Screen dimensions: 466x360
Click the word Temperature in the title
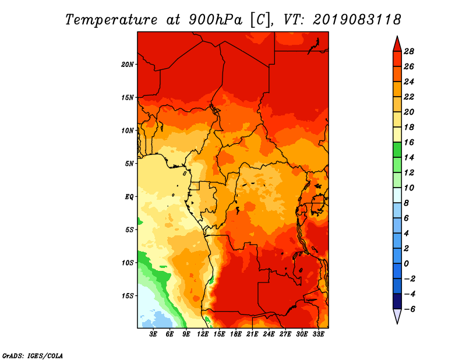pos(111,20)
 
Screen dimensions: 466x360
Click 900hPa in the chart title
pos(216,20)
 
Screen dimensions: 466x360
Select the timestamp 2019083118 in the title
pos(356,20)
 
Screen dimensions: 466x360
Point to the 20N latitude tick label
pos(128,65)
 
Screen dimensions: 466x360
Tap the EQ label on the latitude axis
pos(129,197)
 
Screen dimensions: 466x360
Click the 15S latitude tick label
pos(128,296)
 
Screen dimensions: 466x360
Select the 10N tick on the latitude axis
pos(128,130)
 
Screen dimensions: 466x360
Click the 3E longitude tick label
pos(153,334)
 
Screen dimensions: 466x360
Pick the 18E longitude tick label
pos(236,334)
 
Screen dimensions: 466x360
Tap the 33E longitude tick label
pos(318,334)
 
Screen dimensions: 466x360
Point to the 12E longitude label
pos(203,334)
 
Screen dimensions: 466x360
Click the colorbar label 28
pos(409,51)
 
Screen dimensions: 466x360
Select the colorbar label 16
pos(409,142)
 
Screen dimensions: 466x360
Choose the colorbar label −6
pos(409,309)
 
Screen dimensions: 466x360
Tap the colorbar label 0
pos(406,264)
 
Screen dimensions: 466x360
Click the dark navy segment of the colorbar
pos(397,301)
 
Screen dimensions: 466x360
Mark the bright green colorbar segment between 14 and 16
pos(397,150)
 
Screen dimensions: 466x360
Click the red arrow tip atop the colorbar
pos(397,37)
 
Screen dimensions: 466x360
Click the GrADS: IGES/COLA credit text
pos(33,356)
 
